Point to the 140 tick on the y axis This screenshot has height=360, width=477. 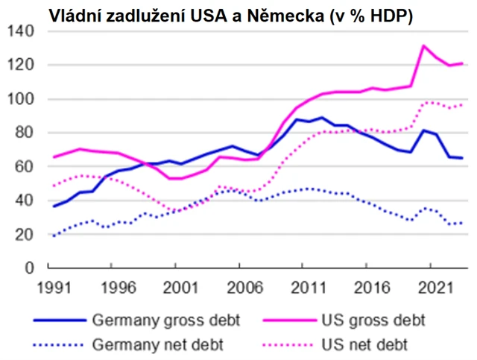click(x=24, y=31)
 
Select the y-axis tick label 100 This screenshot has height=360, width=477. click(x=24, y=99)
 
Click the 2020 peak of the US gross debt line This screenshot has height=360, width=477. click(x=423, y=45)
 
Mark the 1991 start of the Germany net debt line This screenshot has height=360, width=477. click(x=53, y=236)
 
